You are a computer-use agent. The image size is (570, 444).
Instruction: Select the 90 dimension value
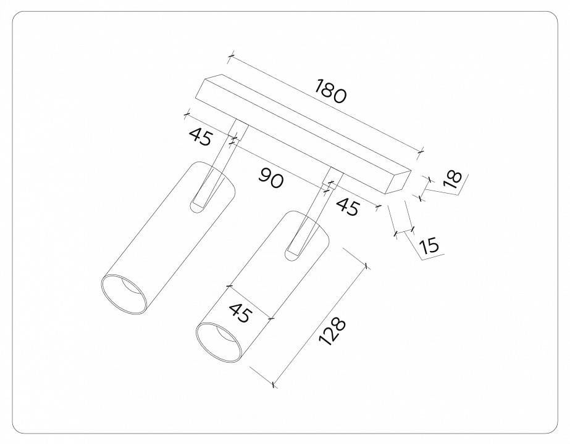pos(270,179)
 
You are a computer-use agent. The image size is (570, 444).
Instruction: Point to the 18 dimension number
pos(452,178)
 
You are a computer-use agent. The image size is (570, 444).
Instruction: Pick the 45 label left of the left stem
pos(200,136)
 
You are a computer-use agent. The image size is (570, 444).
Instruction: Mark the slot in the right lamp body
pos(295,246)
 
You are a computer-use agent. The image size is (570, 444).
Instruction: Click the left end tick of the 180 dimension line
pos(230,57)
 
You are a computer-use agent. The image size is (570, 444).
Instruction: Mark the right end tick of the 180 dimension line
pos(421,150)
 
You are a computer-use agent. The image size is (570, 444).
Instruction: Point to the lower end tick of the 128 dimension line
pos(274,385)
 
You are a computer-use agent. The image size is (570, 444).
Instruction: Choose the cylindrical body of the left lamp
pos(167,234)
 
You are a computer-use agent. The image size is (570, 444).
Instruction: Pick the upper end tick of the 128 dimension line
pos(367,266)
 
